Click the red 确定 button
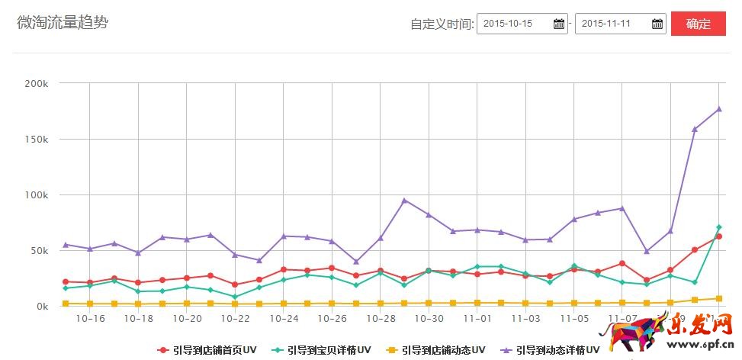pyautogui.click(x=698, y=24)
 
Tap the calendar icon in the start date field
pyautogui.click(x=559, y=24)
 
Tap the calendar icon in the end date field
pyautogui.click(x=657, y=24)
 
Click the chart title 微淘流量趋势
pyautogui.click(x=63, y=22)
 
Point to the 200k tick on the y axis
pyautogui.click(x=37, y=84)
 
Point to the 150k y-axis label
pyautogui.click(x=37, y=140)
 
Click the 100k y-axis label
pyautogui.click(x=37, y=195)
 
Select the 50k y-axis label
pyautogui.click(x=39, y=251)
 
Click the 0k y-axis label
pyautogui.click(x=41, y=307)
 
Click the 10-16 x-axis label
pyautogui.click(x=90, y=319)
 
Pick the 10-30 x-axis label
pyautogui.click(x=429, y=319)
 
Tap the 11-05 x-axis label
pyautogui.click(x=574, y=319)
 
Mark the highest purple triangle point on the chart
pyautogui.click(x=718, y=109)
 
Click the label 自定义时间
pyautogui.click(x=442, y=24)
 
